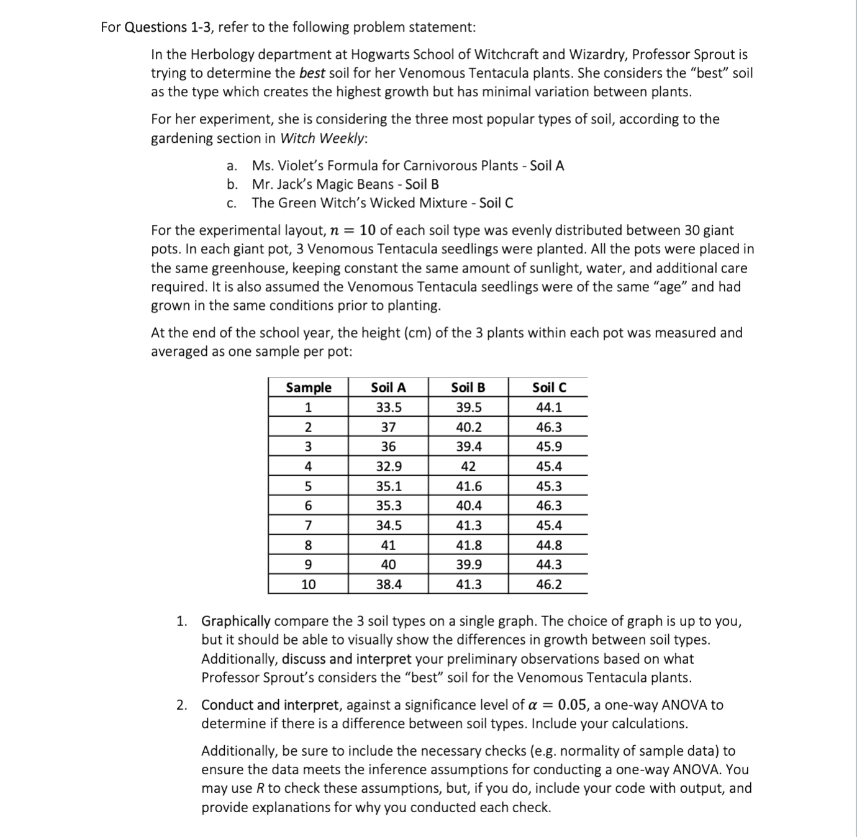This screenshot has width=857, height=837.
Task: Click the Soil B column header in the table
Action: (468, 387)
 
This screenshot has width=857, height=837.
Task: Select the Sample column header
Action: (308, 387)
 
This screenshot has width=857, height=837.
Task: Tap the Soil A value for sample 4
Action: (388, 466)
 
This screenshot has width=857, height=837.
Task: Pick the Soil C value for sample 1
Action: (548, 407)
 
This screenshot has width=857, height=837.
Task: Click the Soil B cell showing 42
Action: (468, 466)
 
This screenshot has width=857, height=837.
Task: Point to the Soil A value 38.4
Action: (388, 584)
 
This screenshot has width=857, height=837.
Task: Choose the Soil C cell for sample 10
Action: (548, 584)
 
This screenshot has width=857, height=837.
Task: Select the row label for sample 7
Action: (308, 525)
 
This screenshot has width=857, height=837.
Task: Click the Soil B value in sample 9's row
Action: (468, 564)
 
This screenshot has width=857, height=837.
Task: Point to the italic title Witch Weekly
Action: (322, 138)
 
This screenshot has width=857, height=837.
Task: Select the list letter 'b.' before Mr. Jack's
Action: (232, 184)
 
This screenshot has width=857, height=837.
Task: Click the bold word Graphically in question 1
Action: (235, 622)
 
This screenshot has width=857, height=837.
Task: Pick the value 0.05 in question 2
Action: (572, 705)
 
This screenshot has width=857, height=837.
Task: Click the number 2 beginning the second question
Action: (181, 705)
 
